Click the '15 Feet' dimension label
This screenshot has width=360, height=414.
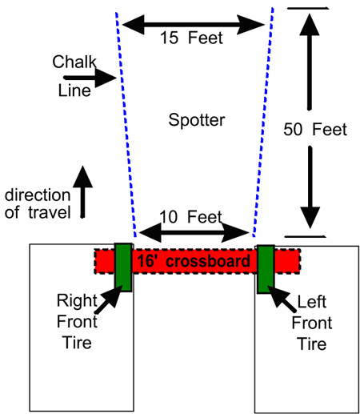coord(191,38)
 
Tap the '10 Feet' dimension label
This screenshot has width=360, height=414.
coord(190,216)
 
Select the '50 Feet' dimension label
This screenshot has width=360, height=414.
coord(315,130)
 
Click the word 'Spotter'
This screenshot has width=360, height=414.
coord(197,120)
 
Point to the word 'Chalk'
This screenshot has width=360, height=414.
coord(74,62)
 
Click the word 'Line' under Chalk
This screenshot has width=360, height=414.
coord(74,90)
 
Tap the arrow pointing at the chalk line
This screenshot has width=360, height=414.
coord(90,78)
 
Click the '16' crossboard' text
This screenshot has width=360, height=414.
coord(194,261)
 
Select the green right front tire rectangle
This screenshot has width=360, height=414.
coord(123,267)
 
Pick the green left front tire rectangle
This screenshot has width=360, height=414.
coord(266,269)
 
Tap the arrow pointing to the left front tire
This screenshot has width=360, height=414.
coord(282,299)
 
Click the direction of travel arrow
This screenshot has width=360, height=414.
coord(82,191)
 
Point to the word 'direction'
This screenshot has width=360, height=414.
coord(38,195)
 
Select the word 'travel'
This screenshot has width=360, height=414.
coord(50,212)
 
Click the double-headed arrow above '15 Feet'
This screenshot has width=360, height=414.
coord(194,25)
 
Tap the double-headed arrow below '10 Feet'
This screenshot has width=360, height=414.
coord(194,232)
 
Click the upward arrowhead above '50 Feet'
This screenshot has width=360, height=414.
coord(310,25)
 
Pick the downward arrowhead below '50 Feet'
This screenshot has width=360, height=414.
coord(310,218)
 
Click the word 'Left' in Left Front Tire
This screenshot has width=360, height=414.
coord(312,302)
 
